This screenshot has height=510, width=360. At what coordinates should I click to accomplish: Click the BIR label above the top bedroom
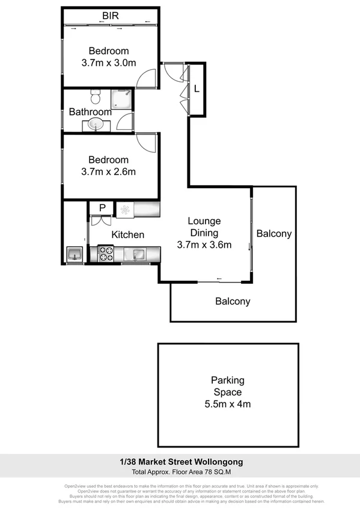click(110, 15)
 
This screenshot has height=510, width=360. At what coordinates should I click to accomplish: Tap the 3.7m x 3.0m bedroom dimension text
click(109, 62)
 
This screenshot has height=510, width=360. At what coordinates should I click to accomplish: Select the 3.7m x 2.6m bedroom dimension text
click(109, 171)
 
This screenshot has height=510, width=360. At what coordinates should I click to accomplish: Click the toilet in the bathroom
click(94, 97)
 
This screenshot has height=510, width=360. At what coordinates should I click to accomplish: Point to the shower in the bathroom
click(124, 99)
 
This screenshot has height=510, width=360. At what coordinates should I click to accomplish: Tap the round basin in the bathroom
click(95, 124)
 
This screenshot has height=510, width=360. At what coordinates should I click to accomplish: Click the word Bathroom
click(90, 112)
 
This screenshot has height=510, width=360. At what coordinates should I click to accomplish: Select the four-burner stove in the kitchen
click(106, 254)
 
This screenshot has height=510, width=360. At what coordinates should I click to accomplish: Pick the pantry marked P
click(102, 208)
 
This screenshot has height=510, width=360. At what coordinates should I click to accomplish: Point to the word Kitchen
click(127, 235)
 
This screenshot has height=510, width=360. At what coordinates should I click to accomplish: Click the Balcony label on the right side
click(273, 234)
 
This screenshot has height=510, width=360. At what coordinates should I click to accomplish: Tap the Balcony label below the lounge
click(233, 301)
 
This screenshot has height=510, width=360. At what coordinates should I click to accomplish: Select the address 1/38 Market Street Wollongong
click(180, 462)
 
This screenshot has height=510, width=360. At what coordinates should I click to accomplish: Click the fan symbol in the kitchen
click(125, 209)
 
